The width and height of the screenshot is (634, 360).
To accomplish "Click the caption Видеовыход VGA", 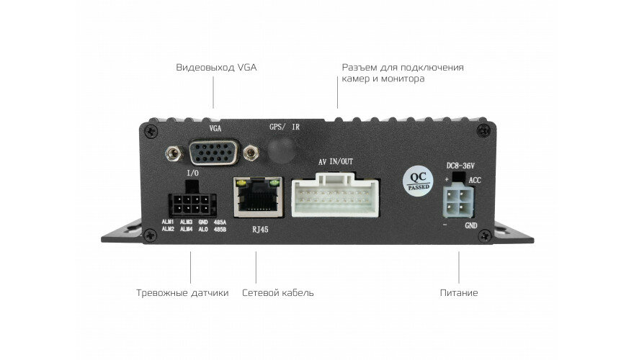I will (x=216, y=68).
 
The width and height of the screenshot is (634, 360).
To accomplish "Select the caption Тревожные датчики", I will (x=182, y=293).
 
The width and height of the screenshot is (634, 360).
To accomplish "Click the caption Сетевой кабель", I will (x=278, y=293).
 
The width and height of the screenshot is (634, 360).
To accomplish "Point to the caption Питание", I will (x=459, y=293).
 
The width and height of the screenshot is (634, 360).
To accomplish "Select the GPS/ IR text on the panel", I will (x=285, y=126).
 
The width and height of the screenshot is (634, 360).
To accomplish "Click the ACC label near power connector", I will (x=475, y=180).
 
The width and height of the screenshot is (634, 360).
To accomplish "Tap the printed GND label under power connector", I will (x=471, y=225).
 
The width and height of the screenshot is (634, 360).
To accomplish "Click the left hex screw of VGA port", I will (x=173, y=153).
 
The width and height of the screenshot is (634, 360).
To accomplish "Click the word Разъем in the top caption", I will (x=358, y=68).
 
